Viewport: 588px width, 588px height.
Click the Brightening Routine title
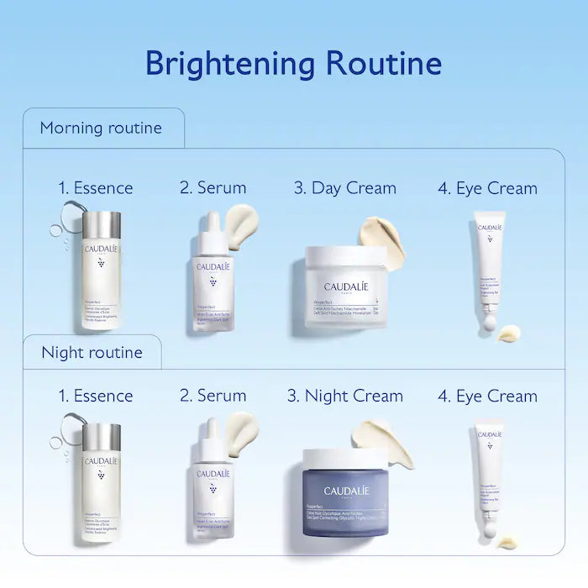293,63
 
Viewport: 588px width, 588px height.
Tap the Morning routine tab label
101,129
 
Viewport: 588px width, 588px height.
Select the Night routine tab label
92,351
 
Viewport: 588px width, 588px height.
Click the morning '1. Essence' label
96,188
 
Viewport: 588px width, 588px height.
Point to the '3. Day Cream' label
344,188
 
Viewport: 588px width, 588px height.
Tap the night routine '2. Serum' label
213,396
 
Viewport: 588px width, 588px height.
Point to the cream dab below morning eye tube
509,333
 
